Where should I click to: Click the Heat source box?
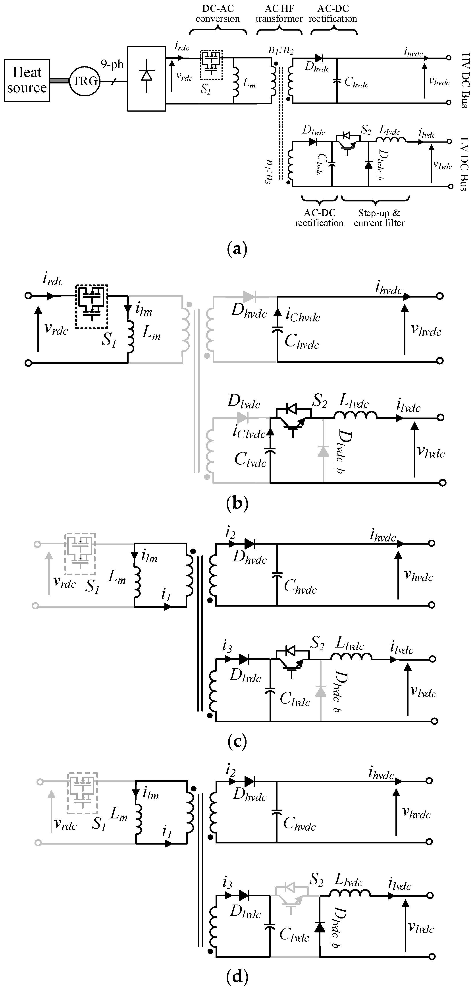click(27, 80)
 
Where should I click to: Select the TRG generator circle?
click(85, 81)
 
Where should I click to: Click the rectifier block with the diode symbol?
click(146, 79)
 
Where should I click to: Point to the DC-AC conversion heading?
click(218, 14)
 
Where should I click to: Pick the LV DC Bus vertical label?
click(464, 164)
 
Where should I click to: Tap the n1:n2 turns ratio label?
click(281, 50)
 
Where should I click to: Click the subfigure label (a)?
click(237, 249)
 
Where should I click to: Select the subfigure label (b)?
click(237, 503)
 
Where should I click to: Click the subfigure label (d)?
click(237, 976)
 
